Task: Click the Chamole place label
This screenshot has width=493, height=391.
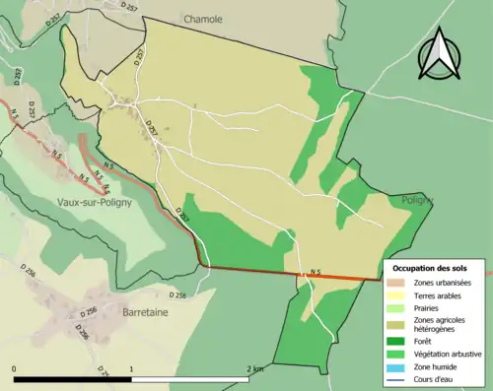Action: (x=203, y=18)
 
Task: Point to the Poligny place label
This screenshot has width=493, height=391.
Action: (x=418, y=200)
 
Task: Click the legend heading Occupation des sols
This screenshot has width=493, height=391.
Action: (x=437, y=268)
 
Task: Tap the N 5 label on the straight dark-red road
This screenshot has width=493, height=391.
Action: (x=315, y=272)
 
